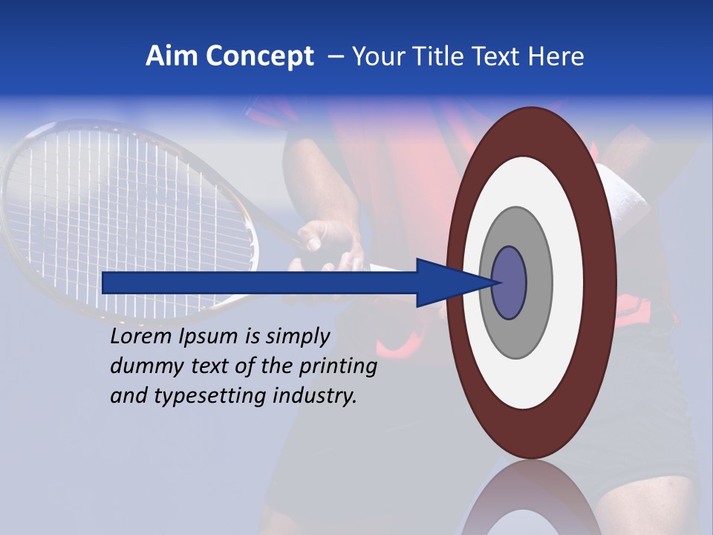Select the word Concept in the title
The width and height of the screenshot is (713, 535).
coord(258,57)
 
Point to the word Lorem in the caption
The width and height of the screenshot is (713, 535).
coord(141,337)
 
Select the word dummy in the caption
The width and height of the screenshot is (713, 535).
coord(141,366)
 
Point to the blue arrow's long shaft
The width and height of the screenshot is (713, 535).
coord(260,283)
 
